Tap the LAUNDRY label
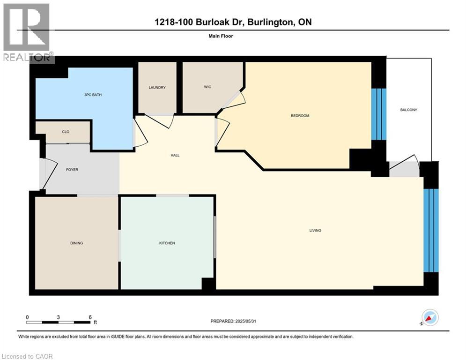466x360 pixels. [157, 88]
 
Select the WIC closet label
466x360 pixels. [208, 87]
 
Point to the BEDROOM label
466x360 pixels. [300, 116]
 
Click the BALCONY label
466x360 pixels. [408, 110]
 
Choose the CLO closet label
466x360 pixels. [66, 132]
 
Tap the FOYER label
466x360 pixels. [72, 170]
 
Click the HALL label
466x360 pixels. [175, 155]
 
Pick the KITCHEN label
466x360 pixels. [167, 243]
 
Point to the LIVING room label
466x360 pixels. [315, 231]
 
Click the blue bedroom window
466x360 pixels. [378, 114]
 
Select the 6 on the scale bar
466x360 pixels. [90, 317]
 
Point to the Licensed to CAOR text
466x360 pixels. [28, 356]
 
